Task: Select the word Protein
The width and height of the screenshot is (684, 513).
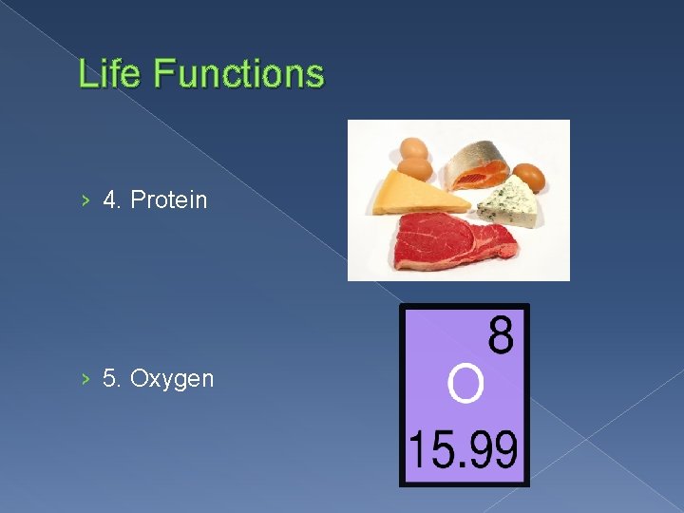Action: tap(168, 199)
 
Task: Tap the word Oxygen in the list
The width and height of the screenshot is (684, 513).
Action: tap(172, 379)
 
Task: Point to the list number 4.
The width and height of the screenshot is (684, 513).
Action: tap(111, 199)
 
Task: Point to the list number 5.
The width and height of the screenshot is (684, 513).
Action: tap(111, 379)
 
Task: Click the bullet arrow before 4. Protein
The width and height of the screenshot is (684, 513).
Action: tap(85, 199)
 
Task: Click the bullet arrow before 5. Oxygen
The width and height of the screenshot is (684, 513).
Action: tap(85, 379)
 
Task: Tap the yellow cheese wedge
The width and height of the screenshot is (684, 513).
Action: tap(416, 193)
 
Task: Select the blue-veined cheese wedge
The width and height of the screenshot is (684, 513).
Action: tap(507, 201)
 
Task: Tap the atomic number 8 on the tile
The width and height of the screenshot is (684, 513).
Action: tap(501, 336)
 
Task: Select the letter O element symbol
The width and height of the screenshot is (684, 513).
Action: tap(465, 385)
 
